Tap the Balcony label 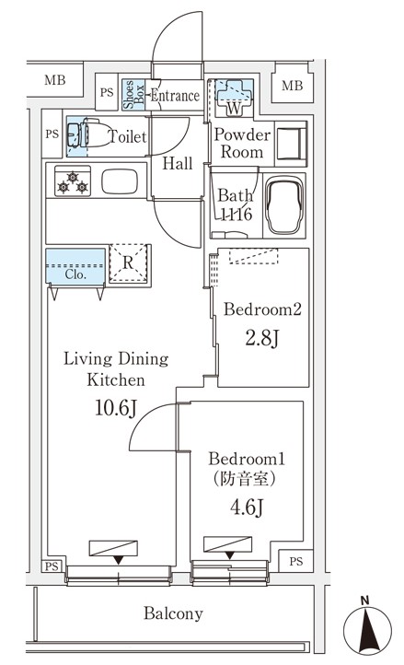pos(173,613)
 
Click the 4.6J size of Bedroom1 pos(247,507)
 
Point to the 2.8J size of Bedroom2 pos(261,338)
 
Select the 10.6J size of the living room pos(116,408)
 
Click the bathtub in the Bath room pos(284,205)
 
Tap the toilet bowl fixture pos(89,134)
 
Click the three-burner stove pos(73,181)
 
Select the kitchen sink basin pos(120,181)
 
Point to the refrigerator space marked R pos(128,262)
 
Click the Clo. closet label pos(75,274)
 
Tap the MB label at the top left pos(55,80)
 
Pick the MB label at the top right pos(292,86)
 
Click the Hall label pos(178,163)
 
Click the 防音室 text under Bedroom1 pos(244,479)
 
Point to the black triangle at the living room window pos(119,560)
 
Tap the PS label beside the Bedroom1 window pos(296,562)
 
